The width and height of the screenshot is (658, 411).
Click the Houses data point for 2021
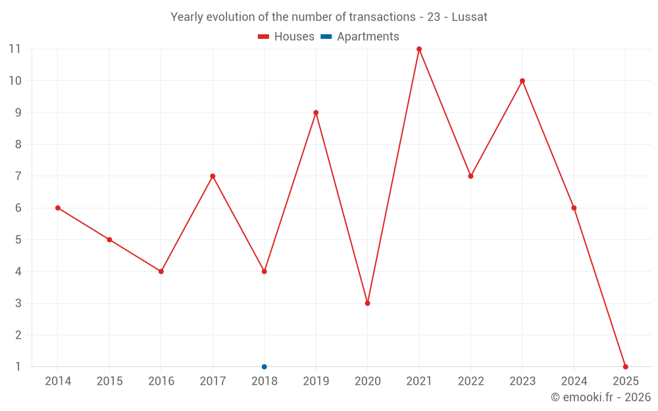(419, 49)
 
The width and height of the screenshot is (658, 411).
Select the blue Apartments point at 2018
(265, 367)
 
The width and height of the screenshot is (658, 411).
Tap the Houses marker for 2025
(625, 367)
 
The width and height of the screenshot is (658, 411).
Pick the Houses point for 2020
(367, 303)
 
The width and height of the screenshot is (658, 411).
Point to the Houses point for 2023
(522, 81)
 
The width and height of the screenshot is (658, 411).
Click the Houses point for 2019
(316, 112)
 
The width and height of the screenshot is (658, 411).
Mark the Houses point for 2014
(58, 208)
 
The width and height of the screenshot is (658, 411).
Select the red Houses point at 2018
(265, 272)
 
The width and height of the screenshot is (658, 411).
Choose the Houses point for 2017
(213, 176)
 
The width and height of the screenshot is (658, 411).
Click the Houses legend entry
(286, 37)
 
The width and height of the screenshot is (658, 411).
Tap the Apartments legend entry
(360, 37)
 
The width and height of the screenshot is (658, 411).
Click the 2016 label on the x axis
(161, 381)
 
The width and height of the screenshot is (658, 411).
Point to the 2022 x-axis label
(470, 381)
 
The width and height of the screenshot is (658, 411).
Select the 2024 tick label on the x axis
(574, 381)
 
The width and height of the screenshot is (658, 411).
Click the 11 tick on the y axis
(14, 49)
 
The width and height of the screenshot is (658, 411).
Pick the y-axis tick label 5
(18, 240)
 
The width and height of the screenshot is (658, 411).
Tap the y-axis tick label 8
(18, 145)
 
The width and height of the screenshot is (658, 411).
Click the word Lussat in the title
(469, 17)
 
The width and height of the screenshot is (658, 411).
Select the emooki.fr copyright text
(601, 397)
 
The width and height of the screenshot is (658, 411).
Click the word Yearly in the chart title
(187, 17)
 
